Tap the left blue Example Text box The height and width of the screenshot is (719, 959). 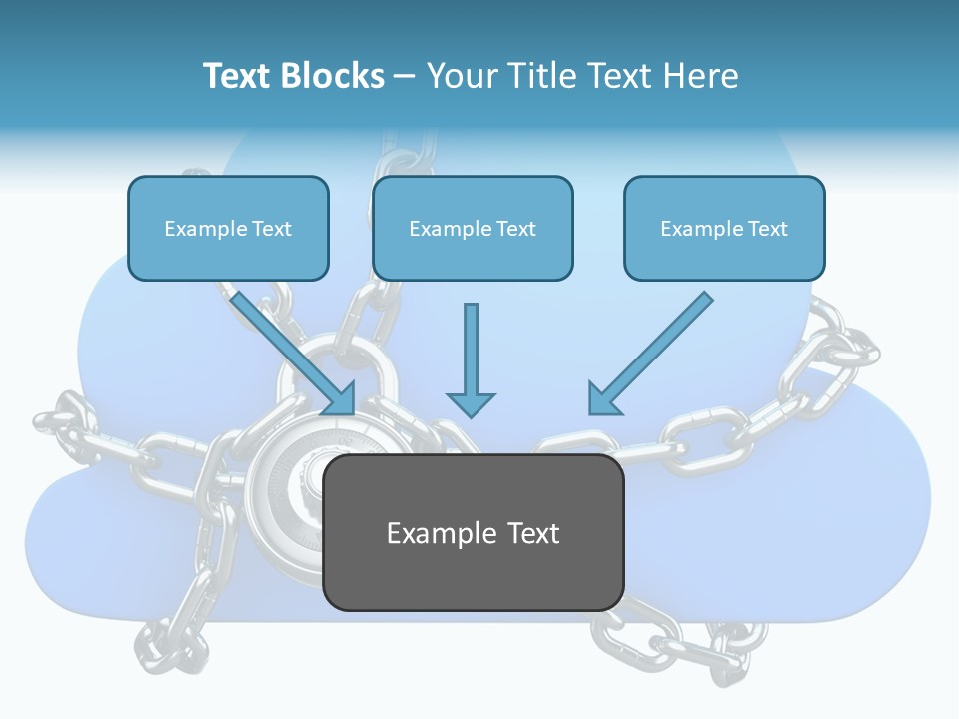[x=228, y=228]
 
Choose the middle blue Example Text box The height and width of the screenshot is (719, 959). [x=473, y=228]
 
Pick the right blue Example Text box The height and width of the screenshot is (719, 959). [x=724, y=228]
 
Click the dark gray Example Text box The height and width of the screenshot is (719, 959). [x=473, y=532]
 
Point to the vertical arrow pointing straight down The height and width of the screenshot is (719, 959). [x=471, y=359]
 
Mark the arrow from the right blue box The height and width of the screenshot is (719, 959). [x=650, y=354]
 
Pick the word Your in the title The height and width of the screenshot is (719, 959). [x=462, y=76]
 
